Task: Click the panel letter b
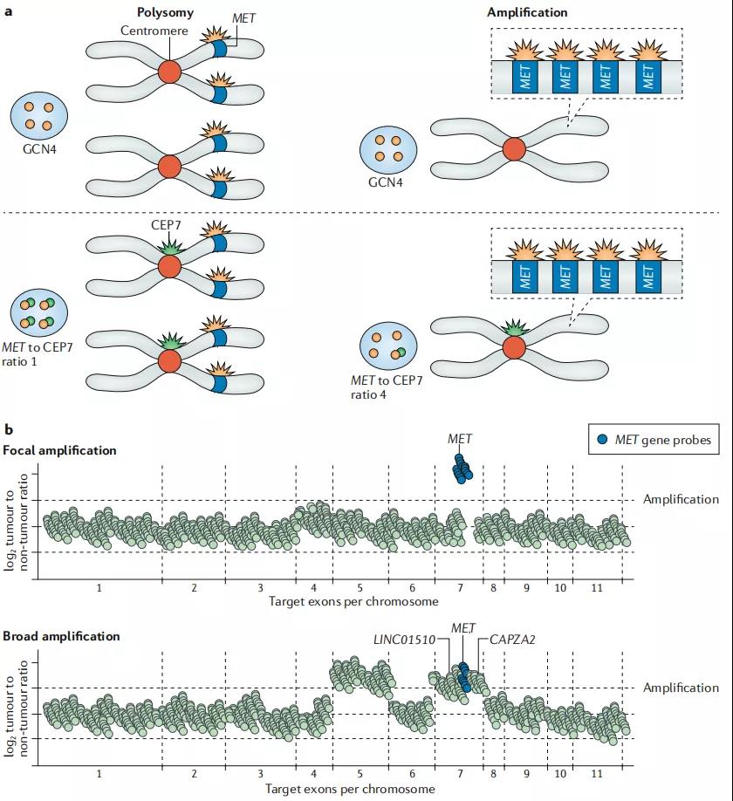click(x=8, y=429)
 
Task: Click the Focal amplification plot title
click(x=59, y=450)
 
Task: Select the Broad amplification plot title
click(x=61, y=636)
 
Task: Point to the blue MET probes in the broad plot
click(x=464, y=675)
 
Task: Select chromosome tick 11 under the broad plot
click(x=596, y=774)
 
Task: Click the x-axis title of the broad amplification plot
click(x=353, y=789)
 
